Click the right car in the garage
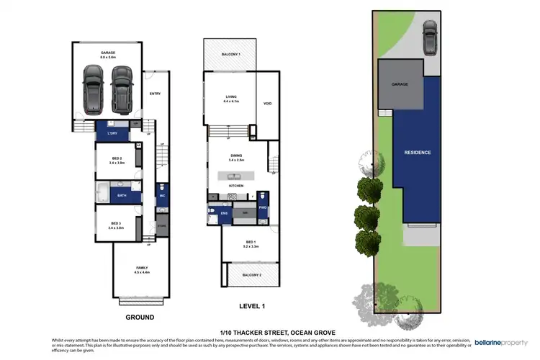[121, 89]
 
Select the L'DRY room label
[112, 134]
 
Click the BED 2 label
[116, 160]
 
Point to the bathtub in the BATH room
[103, 194]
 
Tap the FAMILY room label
[141, 269]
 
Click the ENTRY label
[155, 94]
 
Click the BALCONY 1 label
[230, 55]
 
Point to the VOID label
[267, 102]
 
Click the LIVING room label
[230, 99]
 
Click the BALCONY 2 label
[250, 275]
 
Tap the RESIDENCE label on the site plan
[417, 153]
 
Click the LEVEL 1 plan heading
[252, 307]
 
